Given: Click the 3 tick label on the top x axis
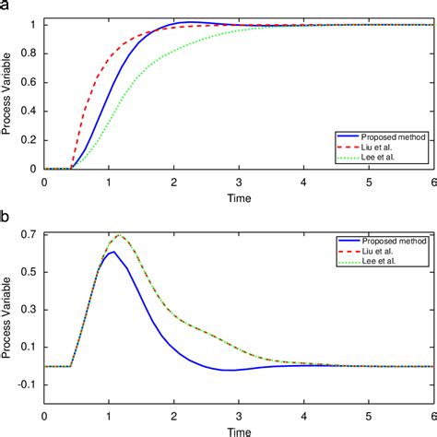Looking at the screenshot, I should pyautogui.click(x=239, y=182).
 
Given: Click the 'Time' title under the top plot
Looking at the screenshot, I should pyautogui.click(x=239, y=196).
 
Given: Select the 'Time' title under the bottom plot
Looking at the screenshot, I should pyautogui.click(x=239, y=431).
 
